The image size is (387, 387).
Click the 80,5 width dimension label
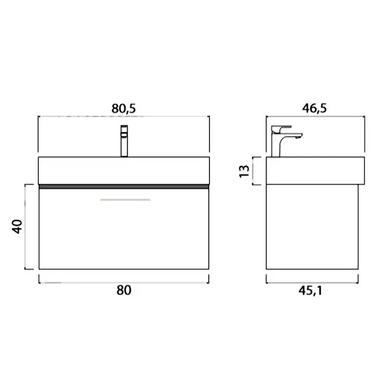pos(124,108)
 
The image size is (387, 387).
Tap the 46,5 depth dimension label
pos(314,108)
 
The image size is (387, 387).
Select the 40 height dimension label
pos(17,226)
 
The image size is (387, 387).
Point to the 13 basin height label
pos(244,171)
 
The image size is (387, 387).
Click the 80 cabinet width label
pos(124,290)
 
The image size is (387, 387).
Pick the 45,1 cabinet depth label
pos(310,291)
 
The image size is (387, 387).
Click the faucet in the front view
pos(124,141)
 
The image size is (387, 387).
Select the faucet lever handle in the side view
pos(281,129)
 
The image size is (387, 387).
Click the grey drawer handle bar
pos(125,200)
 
